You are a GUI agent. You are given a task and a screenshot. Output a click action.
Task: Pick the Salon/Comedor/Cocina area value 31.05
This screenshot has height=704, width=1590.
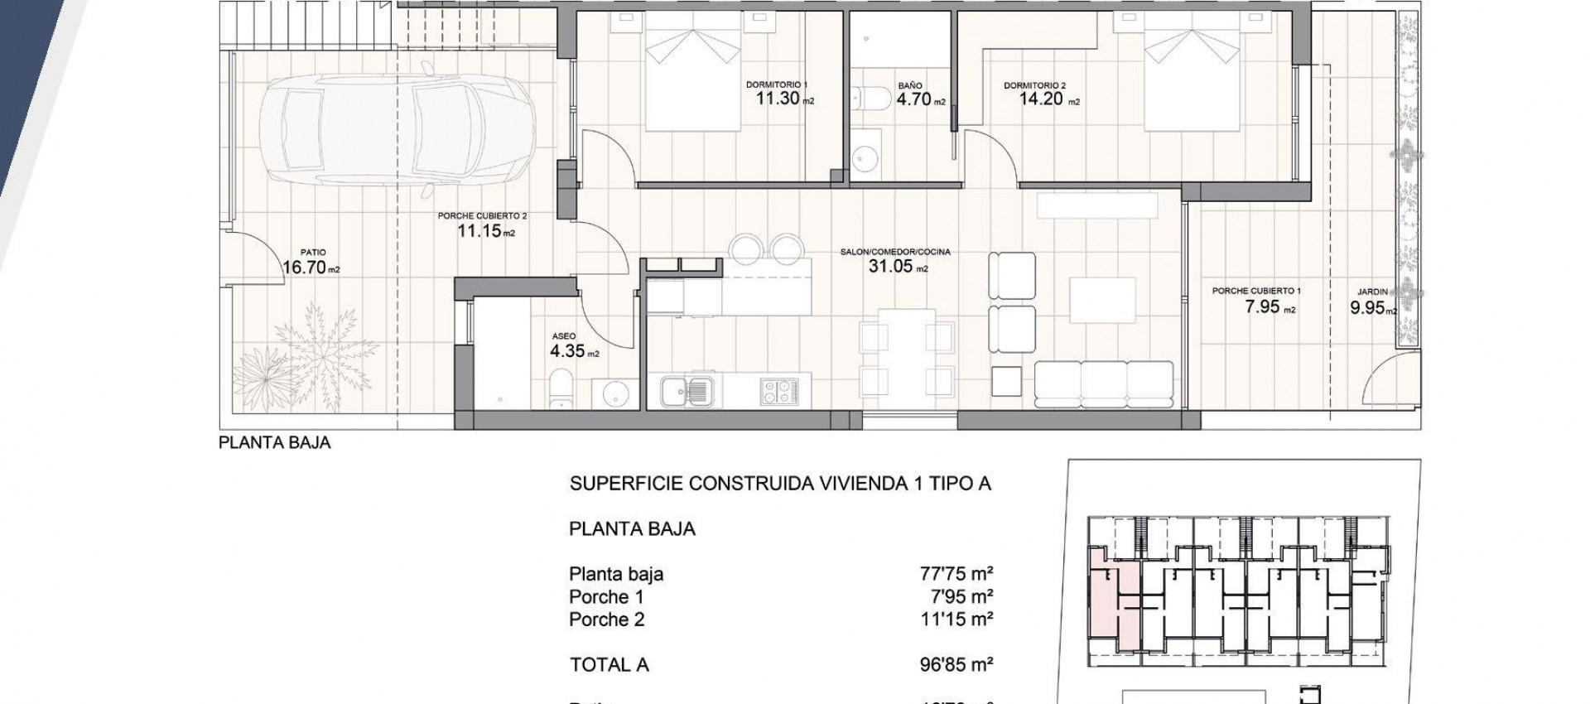(x=890, y=266)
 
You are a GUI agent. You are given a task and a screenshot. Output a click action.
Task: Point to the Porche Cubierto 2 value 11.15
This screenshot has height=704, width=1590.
(x=479, y=231)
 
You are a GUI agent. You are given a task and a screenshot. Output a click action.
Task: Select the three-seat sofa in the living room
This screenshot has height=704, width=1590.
(x=1104, y=382)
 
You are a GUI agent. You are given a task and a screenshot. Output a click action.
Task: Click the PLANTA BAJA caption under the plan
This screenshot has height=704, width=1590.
(x=274, y=443)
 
